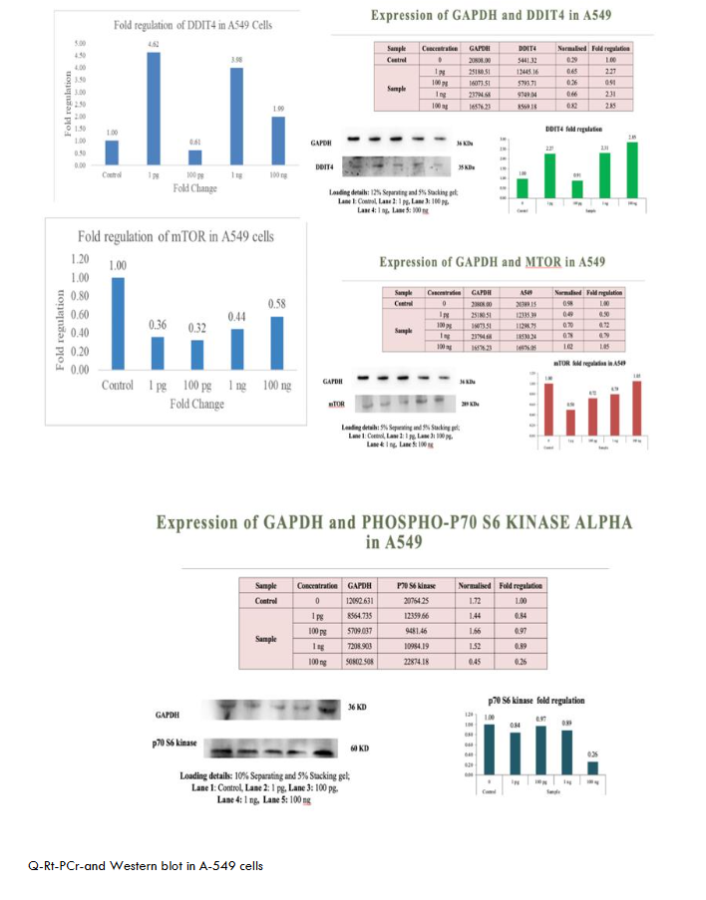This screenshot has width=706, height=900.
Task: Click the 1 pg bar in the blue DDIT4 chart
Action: click(x=154, y=108)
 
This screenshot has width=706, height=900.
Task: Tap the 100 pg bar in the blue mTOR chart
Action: click(x=198, y=354)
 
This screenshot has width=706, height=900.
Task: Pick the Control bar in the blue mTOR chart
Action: click(x=118, y=323)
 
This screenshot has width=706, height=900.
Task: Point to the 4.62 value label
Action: click(x=154, y=46)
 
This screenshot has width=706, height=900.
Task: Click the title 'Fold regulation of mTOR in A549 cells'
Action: click(x=176, y=236)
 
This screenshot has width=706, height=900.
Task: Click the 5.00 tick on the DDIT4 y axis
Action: click(x=80, y=45)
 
